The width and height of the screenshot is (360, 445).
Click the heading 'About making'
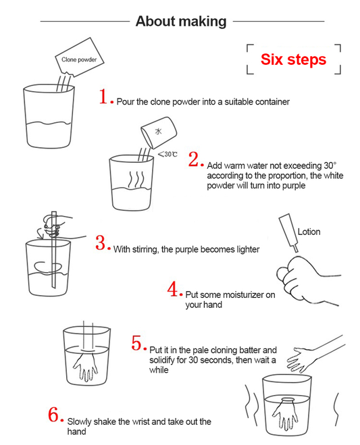(180, 21)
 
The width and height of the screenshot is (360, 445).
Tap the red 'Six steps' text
(293, 59)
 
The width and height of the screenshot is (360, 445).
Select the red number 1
(103, 97)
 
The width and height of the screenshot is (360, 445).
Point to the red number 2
(194, 160)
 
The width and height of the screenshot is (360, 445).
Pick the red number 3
(101, 243)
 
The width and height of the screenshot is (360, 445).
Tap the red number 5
(136, 344)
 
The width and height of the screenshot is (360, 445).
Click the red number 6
(55, 415)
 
